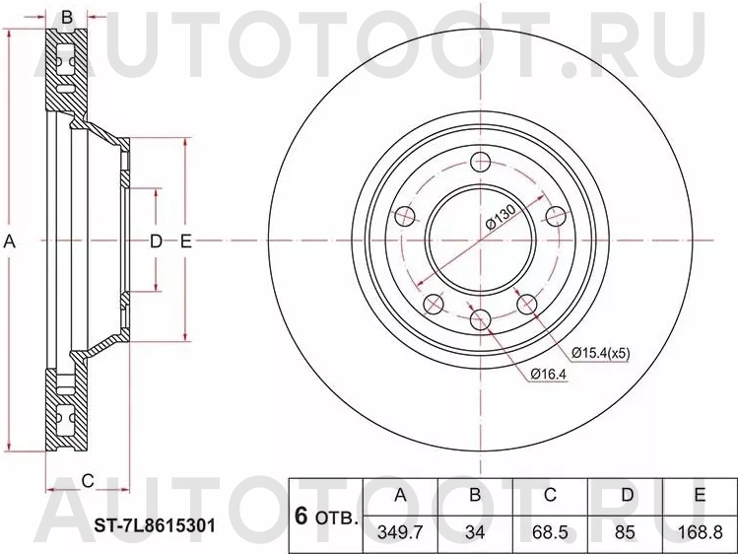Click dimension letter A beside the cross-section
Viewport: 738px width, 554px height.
[11, 241]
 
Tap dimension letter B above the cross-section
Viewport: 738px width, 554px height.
[67, 17]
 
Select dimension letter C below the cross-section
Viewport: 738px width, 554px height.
[88, 480]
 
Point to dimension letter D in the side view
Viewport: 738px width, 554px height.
[155, 241]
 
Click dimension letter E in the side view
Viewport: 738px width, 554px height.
[185, 241]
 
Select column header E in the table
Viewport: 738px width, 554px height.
[701, 495]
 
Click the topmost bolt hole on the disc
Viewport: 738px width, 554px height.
[481, 163]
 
